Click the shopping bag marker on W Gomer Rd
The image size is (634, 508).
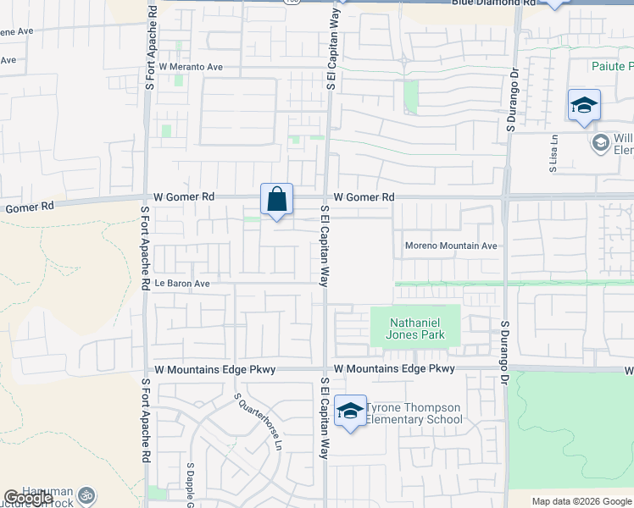point(277,201)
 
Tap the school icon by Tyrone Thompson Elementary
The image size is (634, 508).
point(350,411)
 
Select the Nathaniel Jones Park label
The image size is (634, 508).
point(416,328)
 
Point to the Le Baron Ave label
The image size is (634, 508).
point(181,284)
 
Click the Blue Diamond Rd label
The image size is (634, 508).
point(493,3)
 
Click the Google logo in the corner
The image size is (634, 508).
point(28,498)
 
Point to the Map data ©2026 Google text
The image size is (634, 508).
point(581,501)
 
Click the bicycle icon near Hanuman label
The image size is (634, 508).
point(85,495)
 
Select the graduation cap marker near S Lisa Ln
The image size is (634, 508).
point(584,106)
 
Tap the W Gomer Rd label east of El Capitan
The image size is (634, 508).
point(364,197)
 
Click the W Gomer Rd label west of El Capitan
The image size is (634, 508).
point(184,196)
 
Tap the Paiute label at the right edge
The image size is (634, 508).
point(612,66)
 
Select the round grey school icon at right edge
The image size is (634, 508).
point(601,142)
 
